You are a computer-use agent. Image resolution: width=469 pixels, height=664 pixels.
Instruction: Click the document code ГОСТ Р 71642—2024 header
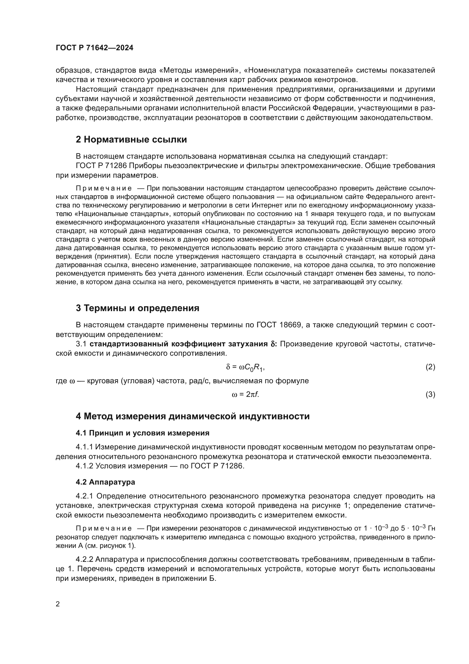pos(94,48)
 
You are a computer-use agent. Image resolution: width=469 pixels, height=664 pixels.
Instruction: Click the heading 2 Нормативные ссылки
pos(131,140)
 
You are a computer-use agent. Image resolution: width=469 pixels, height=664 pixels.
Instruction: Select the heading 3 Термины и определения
pos(138,308)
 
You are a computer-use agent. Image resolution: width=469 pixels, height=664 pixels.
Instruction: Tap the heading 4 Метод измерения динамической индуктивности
pos(193,416)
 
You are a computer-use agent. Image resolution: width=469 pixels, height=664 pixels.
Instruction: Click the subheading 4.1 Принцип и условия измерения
pos(142,433)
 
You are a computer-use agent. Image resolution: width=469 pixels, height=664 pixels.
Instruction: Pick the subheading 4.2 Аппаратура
pos(105,482)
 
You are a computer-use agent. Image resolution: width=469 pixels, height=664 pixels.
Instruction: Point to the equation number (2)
pos(430,367)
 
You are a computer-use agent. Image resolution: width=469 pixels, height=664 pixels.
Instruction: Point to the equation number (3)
pos(430,395)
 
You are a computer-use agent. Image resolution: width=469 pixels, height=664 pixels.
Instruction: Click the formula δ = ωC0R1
pos(245,367)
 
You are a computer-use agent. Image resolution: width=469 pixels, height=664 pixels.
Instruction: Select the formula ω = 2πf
pos(245,395)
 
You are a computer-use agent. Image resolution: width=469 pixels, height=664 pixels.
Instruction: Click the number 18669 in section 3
pos(290,325)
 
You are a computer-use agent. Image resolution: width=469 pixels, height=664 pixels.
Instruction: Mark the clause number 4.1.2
pos(84,466)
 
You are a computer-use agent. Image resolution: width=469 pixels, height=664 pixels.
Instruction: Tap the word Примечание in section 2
pos(104,188)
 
